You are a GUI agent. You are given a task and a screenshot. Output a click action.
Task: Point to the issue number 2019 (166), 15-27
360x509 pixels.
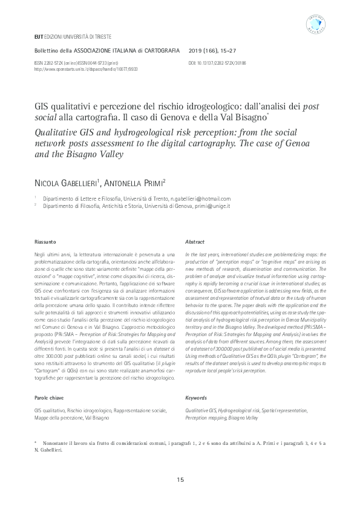(x=213, y=50)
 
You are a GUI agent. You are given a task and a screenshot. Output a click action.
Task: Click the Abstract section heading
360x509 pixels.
(x=195, y=242)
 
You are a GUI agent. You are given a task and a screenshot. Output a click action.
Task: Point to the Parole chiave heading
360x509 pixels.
(x=50, y=398)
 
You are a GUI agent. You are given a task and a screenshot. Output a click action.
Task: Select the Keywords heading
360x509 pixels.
(x=196, y=398)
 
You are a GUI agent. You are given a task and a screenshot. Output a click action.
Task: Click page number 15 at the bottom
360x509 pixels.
(x=180, y=480)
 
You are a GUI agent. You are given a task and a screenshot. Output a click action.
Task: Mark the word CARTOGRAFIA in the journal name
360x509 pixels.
(x=162, y=50)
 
